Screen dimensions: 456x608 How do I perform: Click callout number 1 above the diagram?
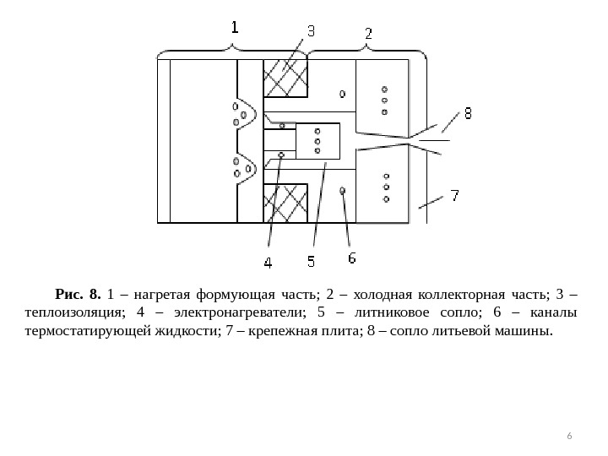pos(235,27)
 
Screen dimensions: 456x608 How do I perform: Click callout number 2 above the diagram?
pos(368,33)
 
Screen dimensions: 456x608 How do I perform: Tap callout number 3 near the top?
pos(310,31)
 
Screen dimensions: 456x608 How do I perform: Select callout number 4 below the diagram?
pos(268,263)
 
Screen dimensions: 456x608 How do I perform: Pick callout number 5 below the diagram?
pos(310,262)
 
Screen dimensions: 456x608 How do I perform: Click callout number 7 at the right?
pos(454,196)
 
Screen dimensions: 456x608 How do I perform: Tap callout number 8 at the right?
pos(467,111)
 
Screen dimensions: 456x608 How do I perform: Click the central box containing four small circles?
pos(318,142)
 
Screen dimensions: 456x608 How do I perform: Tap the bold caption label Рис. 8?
pos(78,295)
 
